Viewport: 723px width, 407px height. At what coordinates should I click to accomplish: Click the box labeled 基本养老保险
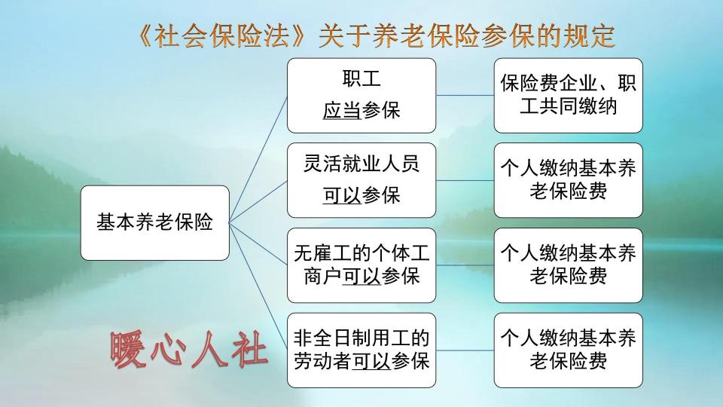[x=154, y=222]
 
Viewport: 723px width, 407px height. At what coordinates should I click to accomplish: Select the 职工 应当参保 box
[x=361, y=95]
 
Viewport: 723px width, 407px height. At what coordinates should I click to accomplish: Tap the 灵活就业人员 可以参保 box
[x=361, y=180]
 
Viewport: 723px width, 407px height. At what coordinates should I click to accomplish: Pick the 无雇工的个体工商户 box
[x=361, y=265]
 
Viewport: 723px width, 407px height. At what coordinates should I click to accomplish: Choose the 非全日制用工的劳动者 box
[x=361, y=350]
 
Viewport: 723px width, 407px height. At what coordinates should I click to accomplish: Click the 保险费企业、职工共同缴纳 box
[x=569, y=95]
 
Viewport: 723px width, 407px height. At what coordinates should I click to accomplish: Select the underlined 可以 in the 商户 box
[x=361, y=276]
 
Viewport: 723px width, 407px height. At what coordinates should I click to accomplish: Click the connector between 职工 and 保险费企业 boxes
[x=465, y=95]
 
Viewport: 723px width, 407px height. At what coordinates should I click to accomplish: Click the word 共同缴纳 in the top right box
[x=579, y=106]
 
